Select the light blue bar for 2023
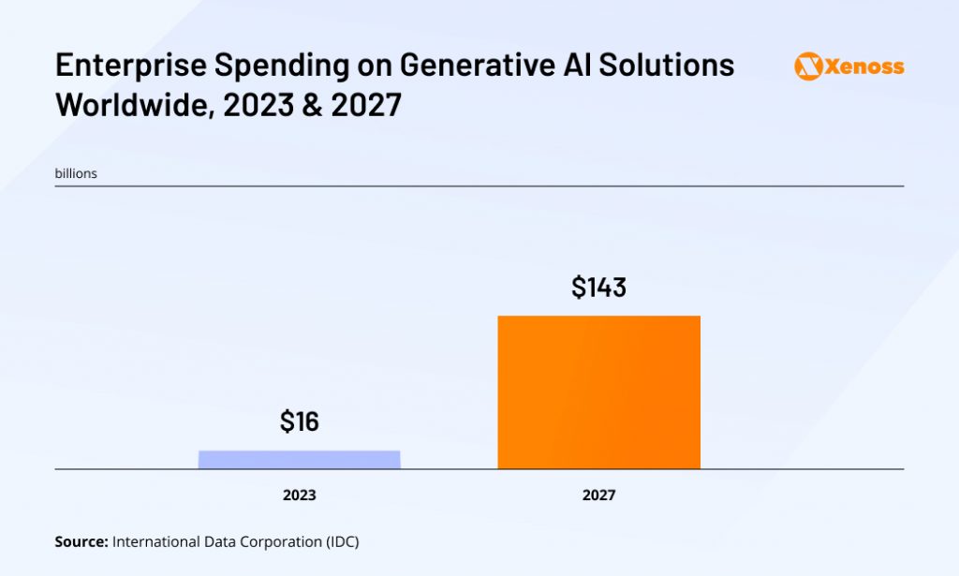coord(299,459)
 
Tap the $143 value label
coord(598,288)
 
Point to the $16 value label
coord(299,421)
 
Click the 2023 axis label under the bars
coord(299,495)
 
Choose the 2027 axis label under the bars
coord(598,495)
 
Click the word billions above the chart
coord(76,173)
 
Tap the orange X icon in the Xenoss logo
coord(808,66)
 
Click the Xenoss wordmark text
coord(863,66)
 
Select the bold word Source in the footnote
coord(81,541)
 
